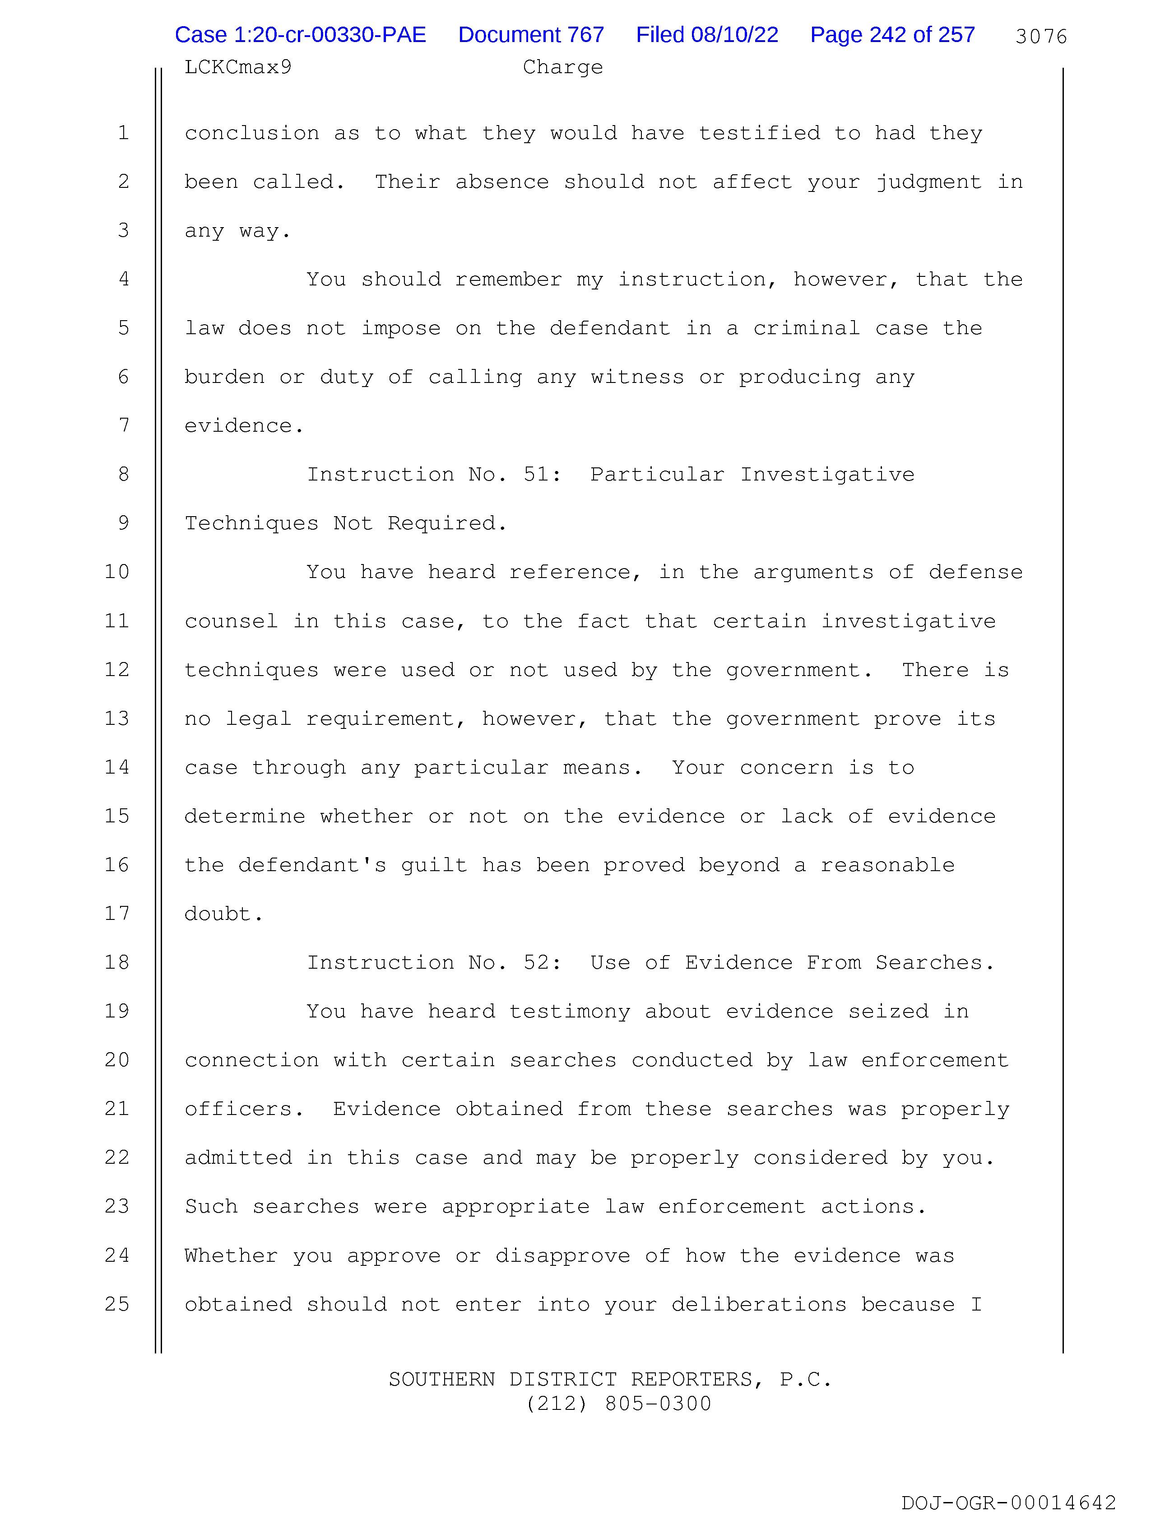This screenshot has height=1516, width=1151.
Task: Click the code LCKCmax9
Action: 238,67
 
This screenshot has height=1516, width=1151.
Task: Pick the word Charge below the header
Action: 562,67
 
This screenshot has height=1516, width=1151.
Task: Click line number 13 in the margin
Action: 117,718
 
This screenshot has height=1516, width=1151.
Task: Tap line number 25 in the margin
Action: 117,1304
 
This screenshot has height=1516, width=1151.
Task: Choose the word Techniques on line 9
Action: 251,523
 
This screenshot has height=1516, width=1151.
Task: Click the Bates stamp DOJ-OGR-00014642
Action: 1008,1502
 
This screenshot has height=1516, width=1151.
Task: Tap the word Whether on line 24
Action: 231,1255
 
